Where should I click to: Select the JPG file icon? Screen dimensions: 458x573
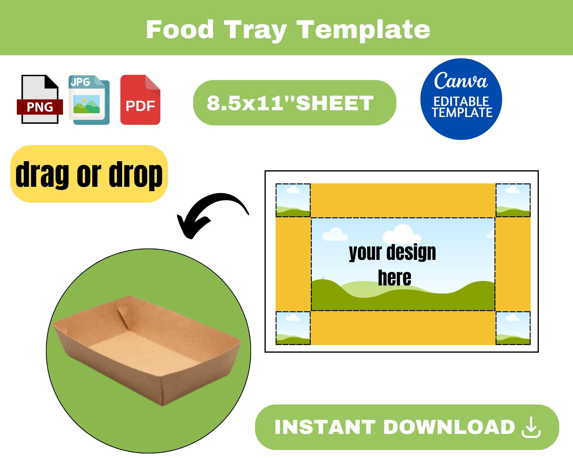pyautogui.click(x=89, y=100)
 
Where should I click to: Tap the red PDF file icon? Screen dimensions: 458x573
pyautogui.click(x=140, y=100)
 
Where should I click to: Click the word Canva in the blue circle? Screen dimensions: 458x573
pyautogui.click(x=461, y=81)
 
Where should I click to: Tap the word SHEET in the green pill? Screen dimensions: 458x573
pyautogui.click(x=335, y=103)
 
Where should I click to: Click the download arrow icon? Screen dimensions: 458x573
pyautogui.click(x=531, y=427)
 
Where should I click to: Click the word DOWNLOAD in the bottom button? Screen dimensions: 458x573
pyautogui.click(x=449, y=427)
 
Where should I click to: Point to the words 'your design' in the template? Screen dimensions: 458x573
pyautogui.click(x=393, y=253)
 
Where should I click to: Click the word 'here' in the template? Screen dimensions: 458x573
pyautogui.click(x=394, y=278)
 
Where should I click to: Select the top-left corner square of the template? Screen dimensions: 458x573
pyautogui.click(x=293, y=200)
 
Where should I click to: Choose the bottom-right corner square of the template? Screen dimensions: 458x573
pyautogui.click(x=513, y=328)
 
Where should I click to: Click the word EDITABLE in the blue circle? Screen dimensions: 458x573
pyautogui.click(x=461, y=101)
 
